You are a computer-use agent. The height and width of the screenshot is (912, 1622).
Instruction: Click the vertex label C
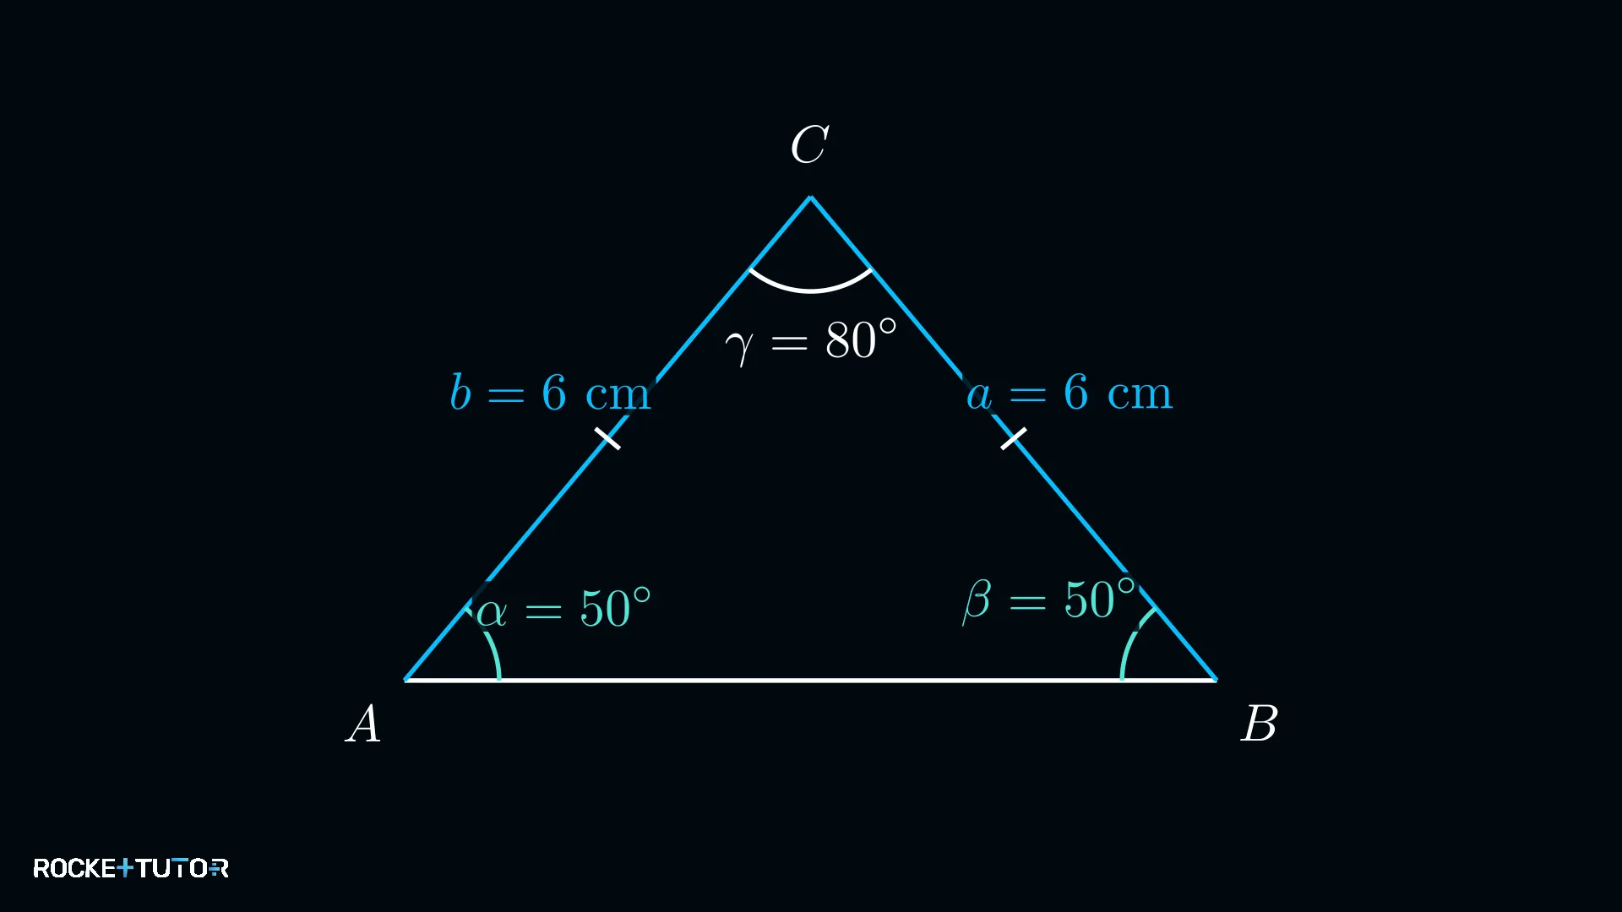(809, 144)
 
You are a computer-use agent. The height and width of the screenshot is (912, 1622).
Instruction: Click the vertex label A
(364, 724)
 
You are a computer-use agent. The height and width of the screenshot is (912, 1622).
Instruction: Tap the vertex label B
(1259, 724)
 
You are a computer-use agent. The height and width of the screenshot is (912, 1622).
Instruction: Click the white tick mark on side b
(607, 438)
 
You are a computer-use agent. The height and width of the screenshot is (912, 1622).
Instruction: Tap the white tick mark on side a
(1014, 438)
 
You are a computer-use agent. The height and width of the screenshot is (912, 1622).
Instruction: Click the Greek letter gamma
(739, 346)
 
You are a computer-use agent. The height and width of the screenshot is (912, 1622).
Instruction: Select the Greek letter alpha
(492, 611)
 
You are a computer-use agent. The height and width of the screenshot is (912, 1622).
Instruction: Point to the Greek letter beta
(977, 600)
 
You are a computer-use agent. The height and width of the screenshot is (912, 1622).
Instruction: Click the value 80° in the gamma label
(861, 339)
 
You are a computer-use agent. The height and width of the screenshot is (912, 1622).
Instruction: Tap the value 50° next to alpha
(615, 608)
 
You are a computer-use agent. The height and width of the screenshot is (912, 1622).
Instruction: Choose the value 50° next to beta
(1100, 600)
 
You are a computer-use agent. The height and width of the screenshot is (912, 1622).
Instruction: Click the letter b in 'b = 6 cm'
(460, 393)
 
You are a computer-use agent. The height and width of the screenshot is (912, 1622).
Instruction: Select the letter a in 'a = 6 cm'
(979, 395)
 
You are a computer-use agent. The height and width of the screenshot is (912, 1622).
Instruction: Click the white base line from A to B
(811, 680)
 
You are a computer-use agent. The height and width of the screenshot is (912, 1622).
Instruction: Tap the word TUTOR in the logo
(182, 868)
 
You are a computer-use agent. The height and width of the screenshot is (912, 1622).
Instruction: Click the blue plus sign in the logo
(125, 868)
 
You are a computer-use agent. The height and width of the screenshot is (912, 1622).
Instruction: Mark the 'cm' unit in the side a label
(1140, 394)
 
